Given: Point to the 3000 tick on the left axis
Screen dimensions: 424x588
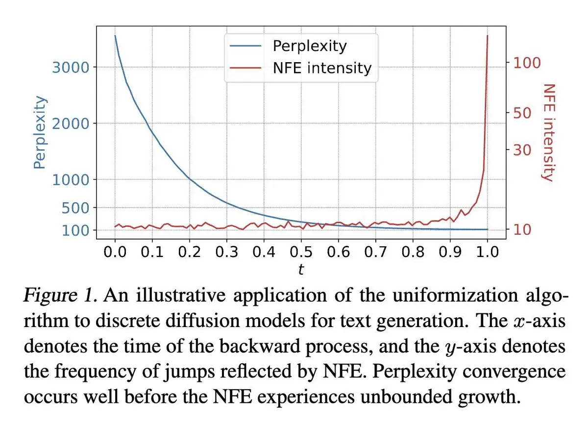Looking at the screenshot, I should pos(71,67).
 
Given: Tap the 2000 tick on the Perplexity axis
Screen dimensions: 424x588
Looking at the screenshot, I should pos(71,123).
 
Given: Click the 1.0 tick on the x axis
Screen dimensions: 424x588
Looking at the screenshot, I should pos(487,252).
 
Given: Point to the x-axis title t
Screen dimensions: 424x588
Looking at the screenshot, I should pos(301,270).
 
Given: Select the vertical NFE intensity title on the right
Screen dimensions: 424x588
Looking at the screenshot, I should pos(548,132).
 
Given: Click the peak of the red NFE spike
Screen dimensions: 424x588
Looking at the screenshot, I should pos(487,36).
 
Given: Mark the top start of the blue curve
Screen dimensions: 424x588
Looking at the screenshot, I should pos(115,36).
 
